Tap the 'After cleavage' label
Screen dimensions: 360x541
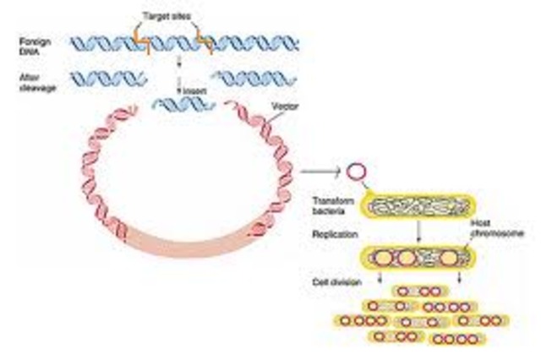click(x=37, y=82)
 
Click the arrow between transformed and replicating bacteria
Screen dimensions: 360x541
click(x=419, y=230)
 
